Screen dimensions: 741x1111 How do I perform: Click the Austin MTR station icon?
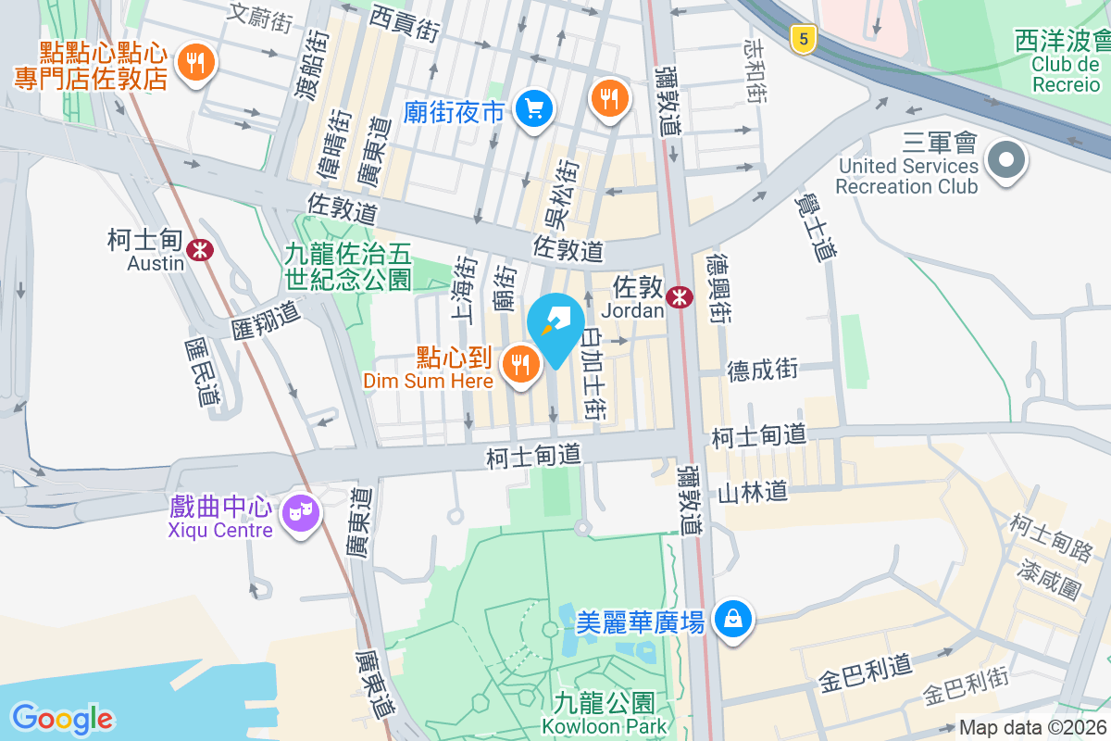199,249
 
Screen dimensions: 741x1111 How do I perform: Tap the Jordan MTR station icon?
680,296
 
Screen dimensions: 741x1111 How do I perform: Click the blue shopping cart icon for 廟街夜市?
533,110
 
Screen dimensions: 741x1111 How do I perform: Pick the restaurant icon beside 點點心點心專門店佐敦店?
194,63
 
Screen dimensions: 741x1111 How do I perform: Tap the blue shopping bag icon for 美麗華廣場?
732,618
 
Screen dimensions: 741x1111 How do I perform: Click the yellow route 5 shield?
804,38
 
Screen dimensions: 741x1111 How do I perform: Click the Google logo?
62,718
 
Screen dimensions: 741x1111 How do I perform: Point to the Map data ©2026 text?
1031,728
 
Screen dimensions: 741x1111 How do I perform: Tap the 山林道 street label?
753,491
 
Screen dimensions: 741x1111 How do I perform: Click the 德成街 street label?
763,370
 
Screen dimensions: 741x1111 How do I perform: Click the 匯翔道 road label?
267,320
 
